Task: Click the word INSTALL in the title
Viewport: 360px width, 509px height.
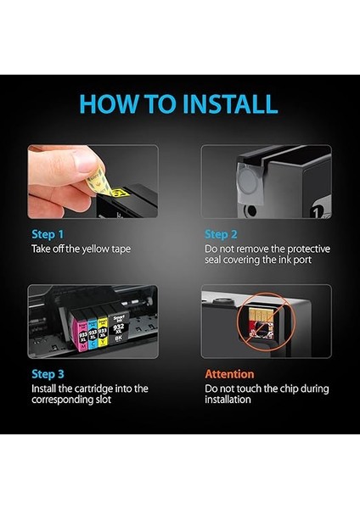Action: [x=230, y=103]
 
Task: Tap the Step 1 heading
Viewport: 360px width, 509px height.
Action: [x=48, y=234]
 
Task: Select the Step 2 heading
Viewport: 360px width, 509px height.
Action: [x=221, y=234]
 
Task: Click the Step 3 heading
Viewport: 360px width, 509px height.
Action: [x=48, y=374]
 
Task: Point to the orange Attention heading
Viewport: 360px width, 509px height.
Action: [x=229, y=374]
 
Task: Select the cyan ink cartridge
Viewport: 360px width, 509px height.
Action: [x=93, y=332]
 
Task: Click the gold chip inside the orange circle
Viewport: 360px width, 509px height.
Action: [x=257, y=314]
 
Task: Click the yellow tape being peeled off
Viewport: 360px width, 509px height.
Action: [x=107, y=185]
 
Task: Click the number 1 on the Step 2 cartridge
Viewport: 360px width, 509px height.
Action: [x=317, y=213]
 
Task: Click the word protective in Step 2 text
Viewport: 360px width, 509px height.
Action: [x=309, y=249]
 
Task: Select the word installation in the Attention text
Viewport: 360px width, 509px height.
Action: [x=228, y=400]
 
